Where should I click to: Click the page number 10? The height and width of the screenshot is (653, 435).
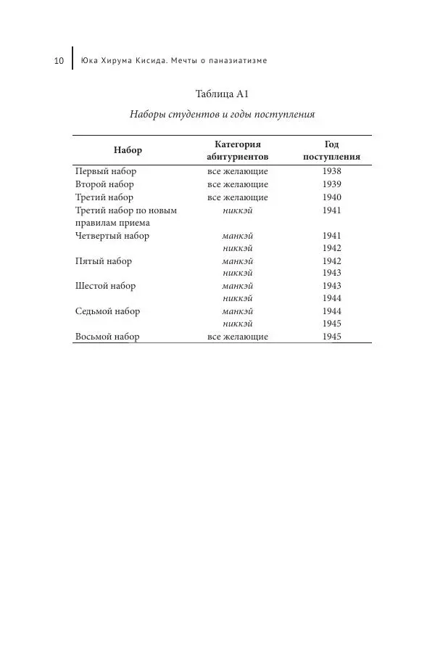click(x=60, y=60)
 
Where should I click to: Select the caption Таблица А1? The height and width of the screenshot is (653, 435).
click(x=223, y=95)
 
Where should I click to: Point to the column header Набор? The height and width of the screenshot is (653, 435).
click(x=128, y=150)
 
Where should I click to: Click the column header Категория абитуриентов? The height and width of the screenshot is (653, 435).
click(x=238, y=150)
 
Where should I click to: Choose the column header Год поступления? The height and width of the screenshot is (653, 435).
click(x=331, y=150)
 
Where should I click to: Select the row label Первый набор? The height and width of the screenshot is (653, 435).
click(x=106, y=172)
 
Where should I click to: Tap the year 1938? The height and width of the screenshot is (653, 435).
click(x=331, y=172)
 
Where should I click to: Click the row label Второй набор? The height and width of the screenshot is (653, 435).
click(x=104, y=184)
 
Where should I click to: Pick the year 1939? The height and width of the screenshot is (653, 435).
click(x=331, y=184)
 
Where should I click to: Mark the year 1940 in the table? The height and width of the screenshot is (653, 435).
click(x=331, y=197)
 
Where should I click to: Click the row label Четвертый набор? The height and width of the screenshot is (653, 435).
click(x=112, y=236)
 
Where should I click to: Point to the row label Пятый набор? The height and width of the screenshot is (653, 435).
click(x=104, y=260)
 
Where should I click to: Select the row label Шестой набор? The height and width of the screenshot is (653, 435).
click(x=105, y=286)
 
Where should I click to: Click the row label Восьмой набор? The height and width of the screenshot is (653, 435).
click(x=107, y=337)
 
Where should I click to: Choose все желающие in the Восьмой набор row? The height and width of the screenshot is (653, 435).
click(x=238, y=337)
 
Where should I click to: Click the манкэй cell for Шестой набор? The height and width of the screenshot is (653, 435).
click(x=238, y=286)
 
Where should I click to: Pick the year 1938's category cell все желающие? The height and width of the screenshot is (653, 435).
click(x=238, y=172)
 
